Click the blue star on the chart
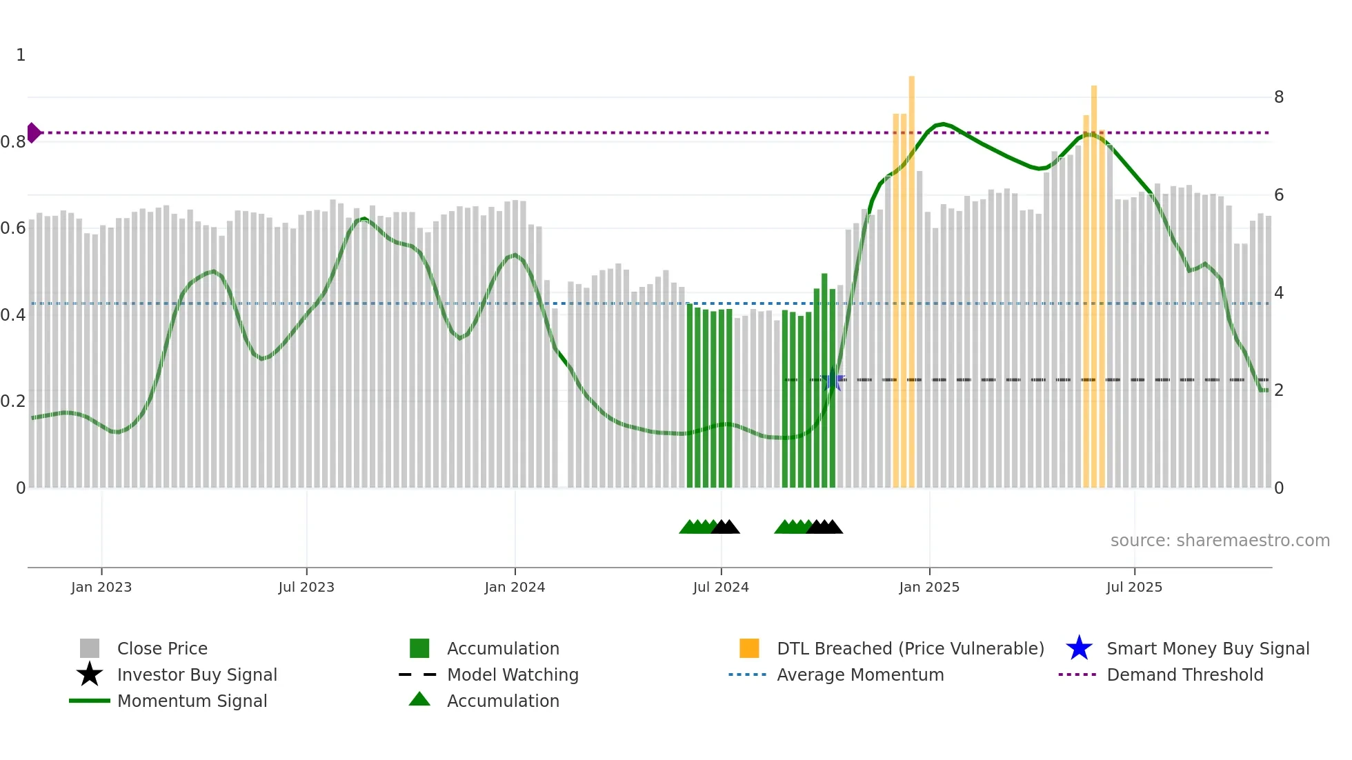tap(833, 379)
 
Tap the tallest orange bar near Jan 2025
tap(911, 276)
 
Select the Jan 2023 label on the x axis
tap(101, 587)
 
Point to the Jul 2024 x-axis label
tap(721, 587)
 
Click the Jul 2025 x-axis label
tap(1134, 587)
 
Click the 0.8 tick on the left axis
tap(13, 142)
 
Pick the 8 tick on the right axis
tap(1279, 97)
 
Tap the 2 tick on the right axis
tap(1279, 390)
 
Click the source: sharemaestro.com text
tap(1220, 541)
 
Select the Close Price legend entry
tap(162, 648)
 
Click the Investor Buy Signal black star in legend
tap(90, 674)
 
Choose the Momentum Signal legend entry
tap(192, 701)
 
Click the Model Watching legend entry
tap(512, 674)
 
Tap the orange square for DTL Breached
tap(749, 648)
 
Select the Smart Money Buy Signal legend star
tap(1079, 648)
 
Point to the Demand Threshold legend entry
tap(1184, 674)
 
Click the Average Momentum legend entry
tap(859, 674)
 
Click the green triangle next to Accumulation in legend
tap(419, 700)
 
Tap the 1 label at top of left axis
tap(21, 55)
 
